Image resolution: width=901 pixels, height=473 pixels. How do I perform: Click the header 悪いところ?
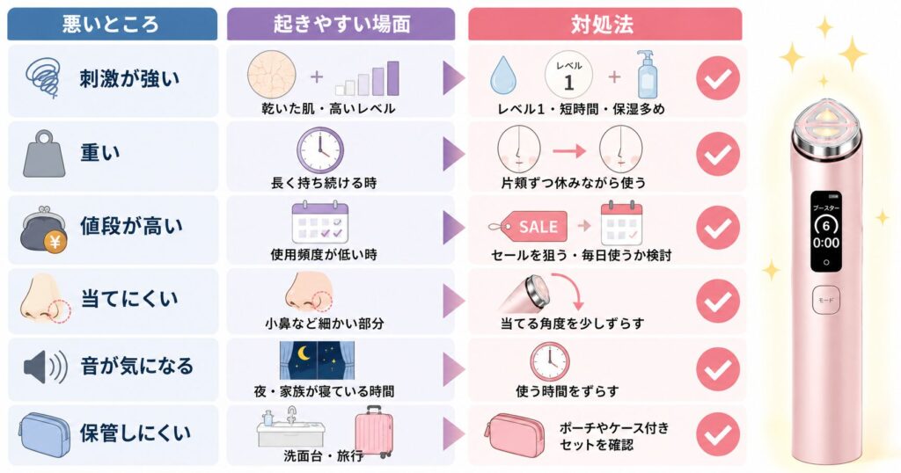tap(112, 24)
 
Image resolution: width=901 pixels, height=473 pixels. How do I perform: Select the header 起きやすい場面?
tap(342, 24)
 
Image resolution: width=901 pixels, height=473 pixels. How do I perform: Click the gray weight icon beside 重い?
tap(44, 154)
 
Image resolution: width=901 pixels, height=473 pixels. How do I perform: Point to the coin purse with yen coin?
tap(44, 229)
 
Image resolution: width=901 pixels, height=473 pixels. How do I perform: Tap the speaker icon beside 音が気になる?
tap(46, 367)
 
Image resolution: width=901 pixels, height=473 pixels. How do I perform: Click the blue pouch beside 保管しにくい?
tap(44, 434)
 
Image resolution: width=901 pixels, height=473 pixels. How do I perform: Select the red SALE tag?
tap(529, 227)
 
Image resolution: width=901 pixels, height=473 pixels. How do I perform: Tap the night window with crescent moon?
tap(317, 361)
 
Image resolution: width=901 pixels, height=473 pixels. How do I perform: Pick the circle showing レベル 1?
tap(568, 76)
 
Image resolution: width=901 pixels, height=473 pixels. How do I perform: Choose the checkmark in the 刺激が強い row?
tap(718, 78)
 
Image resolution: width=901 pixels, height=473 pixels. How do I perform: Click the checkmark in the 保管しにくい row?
tap(718, 434)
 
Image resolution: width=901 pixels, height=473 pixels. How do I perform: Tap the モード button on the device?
tap(825, 300)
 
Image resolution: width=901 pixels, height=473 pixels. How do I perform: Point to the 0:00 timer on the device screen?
tap(825, 243)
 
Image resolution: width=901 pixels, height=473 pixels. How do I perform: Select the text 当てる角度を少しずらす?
tap(572, 324)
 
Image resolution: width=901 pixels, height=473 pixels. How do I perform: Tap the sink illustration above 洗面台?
tap(290, 427)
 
